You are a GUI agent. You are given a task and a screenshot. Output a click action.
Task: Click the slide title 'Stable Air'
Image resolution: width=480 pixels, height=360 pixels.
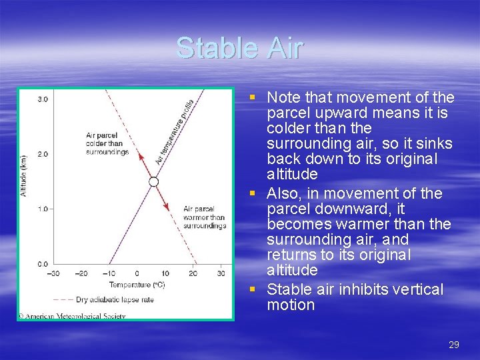[239, 48]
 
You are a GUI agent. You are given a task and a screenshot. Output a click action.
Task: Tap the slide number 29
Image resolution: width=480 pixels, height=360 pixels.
[454, 345]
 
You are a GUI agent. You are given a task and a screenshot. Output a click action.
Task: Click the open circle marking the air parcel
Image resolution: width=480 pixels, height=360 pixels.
[153, 181]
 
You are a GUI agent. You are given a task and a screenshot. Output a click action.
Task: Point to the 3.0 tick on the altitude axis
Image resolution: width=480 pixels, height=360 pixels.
[42, 99]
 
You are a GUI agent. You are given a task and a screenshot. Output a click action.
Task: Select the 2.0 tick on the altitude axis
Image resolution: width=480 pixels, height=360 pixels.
[42, 154]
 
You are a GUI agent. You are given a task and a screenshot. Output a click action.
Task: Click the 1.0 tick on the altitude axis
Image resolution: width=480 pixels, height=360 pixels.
[42, 209]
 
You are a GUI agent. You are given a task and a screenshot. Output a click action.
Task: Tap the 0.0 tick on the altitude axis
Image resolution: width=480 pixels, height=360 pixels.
[42, 264]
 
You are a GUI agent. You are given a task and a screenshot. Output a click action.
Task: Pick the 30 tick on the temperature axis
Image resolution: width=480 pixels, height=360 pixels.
[221, 273]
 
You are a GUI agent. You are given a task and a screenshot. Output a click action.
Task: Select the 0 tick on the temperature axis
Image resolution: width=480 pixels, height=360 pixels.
[137, 273]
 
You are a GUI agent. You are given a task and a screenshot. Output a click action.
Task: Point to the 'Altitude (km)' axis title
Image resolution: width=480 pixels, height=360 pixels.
[25, 175]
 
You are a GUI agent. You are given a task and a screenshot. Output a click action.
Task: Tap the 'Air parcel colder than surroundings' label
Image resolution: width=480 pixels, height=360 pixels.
[107, 143]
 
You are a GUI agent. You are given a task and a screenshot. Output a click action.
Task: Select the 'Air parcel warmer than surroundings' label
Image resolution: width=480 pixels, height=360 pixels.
[204, 217]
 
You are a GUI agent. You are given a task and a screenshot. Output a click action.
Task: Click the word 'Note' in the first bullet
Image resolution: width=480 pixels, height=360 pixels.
[283, 97]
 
